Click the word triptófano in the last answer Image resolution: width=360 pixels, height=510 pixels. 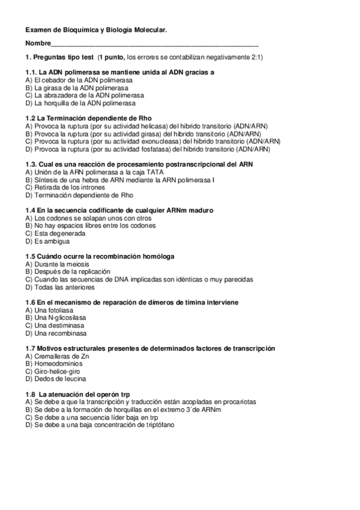158,425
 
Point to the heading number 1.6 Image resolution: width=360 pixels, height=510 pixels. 30,302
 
